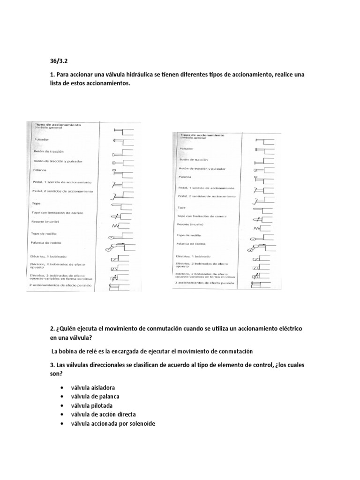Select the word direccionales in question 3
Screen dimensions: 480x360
(x=106, y=365)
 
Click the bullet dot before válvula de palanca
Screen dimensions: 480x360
(x=62, y=397)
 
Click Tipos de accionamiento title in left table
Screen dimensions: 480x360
(x=57, y=125)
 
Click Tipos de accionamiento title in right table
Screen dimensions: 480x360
(x=202, y=135)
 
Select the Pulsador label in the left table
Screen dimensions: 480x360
(x=41, y=139)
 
